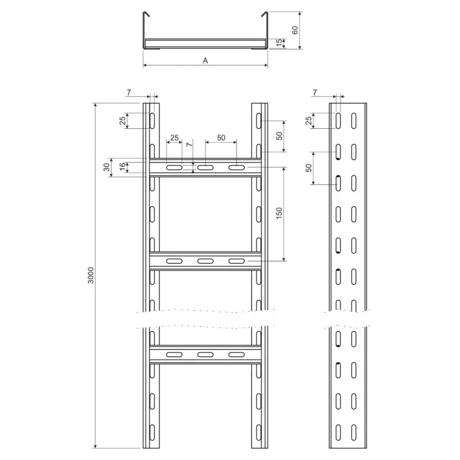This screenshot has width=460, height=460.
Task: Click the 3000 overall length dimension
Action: tap(91, 275)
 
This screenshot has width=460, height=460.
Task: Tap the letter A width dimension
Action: tap(205, 61)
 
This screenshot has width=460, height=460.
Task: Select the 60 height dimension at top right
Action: tap(295, 30)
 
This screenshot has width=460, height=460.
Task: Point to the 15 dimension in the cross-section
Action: tap(280, 43)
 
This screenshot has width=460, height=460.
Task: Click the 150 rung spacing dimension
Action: tap(279, 213)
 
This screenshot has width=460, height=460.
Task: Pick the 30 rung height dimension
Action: tap(107, 167)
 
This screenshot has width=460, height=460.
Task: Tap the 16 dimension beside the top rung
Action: tap(122, 167)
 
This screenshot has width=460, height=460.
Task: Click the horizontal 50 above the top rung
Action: tap(221, 137)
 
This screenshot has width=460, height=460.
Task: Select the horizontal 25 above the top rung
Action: tap(174, 137)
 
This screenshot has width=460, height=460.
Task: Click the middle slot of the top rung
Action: tap(205, 168)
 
